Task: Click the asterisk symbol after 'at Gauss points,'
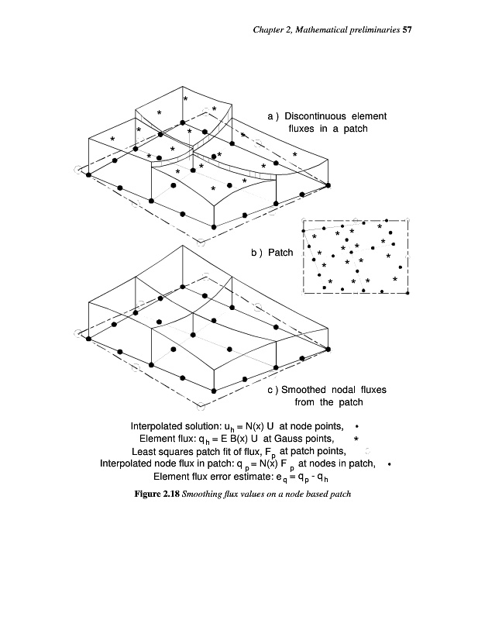[356, 439]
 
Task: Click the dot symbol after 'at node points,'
[356, 426]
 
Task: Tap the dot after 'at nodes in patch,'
[389, 464]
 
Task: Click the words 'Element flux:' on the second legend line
[163, 439]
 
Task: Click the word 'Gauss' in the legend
[290, 439]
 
